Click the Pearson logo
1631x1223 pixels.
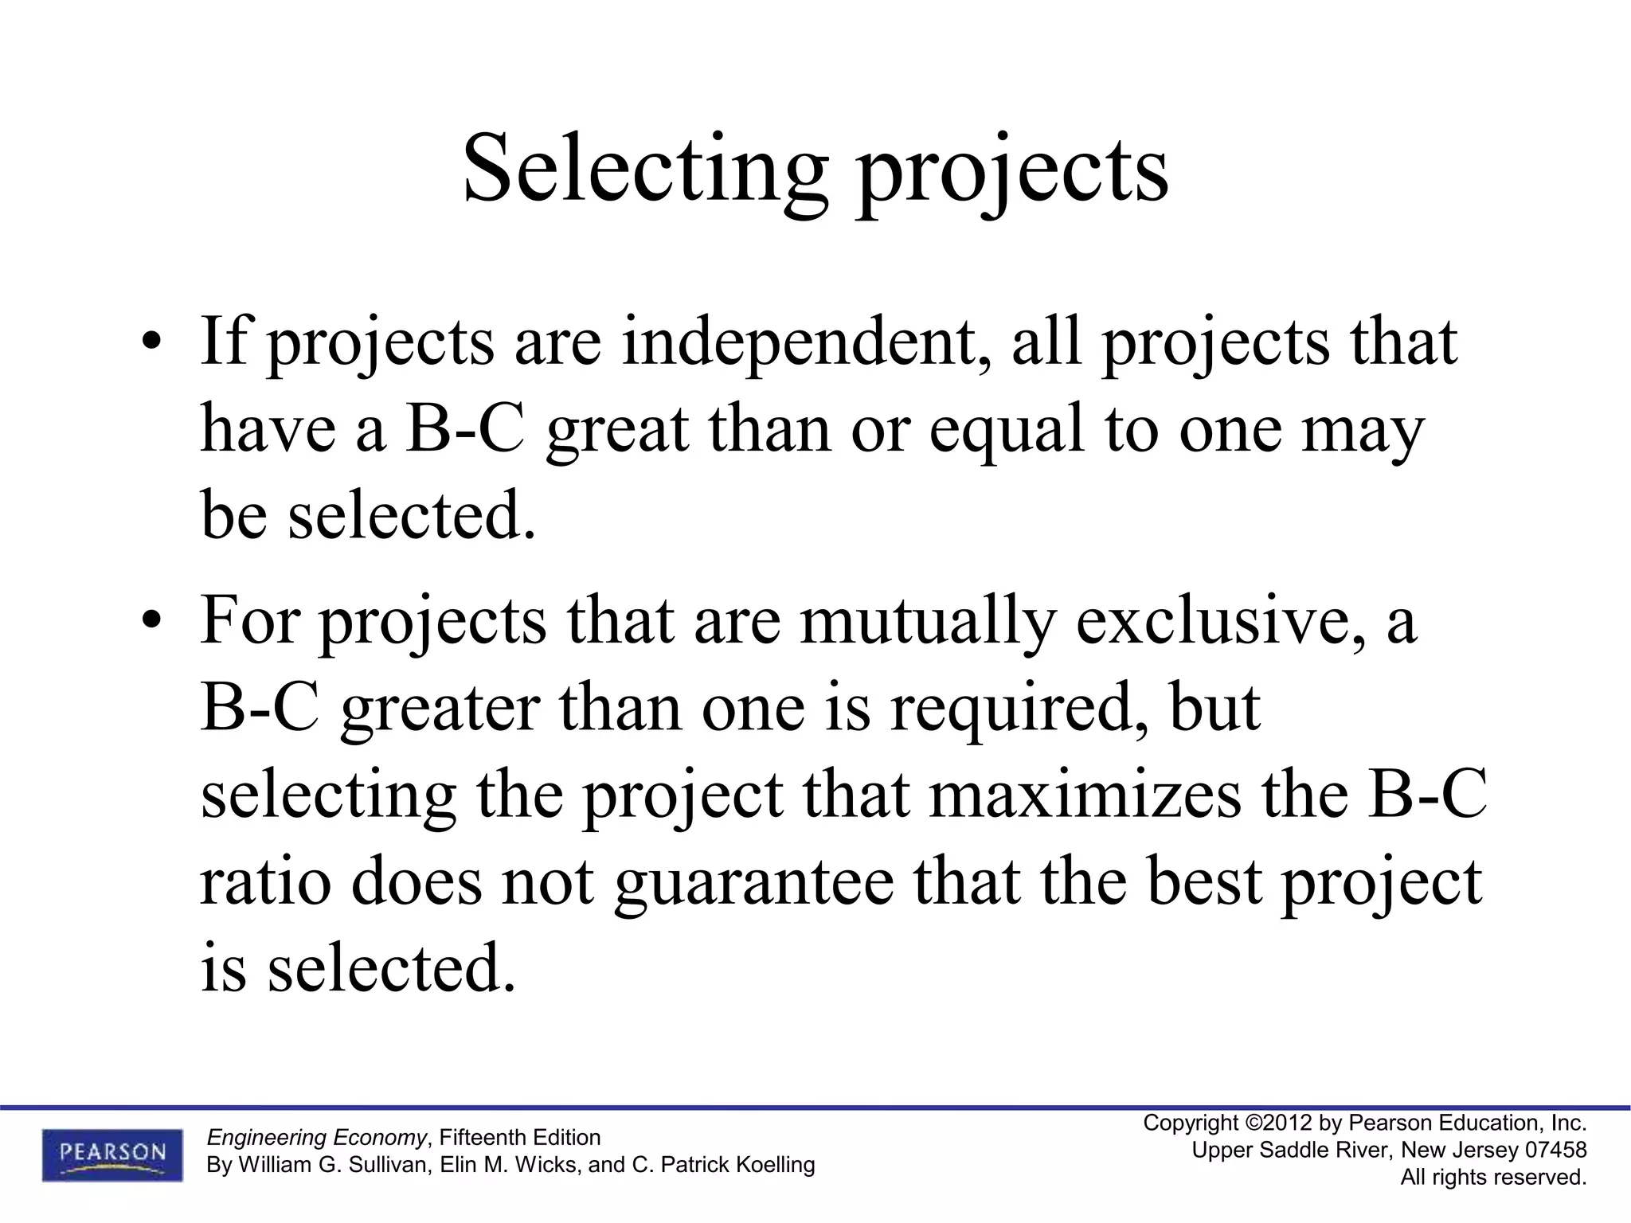point(112,1155)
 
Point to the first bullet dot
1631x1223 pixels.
point(151,343)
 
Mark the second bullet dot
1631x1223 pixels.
point(151,622)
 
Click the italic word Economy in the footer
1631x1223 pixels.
point(380,1137)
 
